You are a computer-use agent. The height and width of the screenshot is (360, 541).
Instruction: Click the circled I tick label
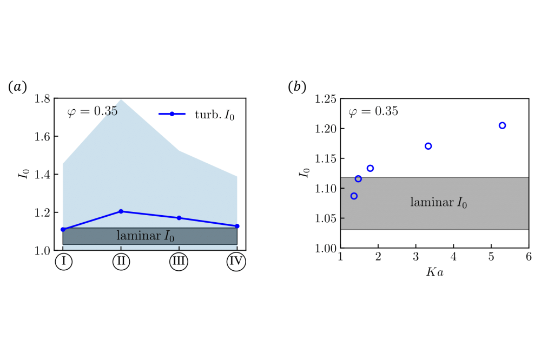pos(63,262)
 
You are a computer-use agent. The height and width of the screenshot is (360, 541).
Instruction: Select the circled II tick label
pos(121,262)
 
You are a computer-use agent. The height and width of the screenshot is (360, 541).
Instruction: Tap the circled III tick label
pos(179,262)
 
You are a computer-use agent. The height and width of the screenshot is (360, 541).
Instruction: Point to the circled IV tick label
pos(236,262)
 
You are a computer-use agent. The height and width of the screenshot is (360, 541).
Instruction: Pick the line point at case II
pos(121,211)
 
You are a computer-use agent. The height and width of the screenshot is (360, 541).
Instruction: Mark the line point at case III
pos(179,218)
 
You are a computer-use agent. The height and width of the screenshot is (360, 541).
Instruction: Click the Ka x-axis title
pos(434,272)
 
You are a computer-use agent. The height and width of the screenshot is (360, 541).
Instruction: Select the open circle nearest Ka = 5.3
pos(502,125)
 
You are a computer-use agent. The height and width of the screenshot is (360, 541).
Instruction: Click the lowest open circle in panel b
pos(354,196)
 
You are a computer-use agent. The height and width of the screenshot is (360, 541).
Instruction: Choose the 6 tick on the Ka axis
pos(528,256)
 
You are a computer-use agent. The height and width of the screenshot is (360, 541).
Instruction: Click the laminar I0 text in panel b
pos(438,203)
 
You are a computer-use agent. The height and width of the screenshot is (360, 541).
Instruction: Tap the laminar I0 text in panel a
pos(146,236)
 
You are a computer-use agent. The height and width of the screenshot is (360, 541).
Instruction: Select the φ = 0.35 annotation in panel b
pos(373,112)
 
